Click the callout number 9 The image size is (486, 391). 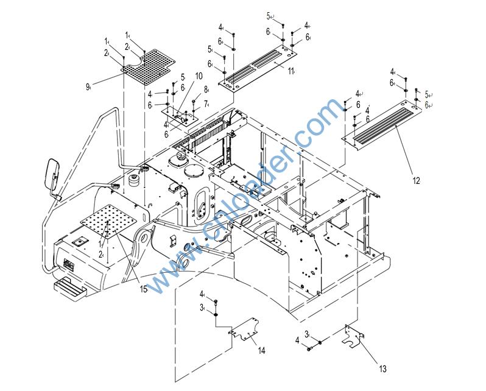pos(88,86)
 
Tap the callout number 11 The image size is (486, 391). pos(291,71)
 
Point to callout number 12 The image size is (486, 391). pos(416,180)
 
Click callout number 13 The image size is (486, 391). pos(382,368)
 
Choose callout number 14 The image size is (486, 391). pos(261,350)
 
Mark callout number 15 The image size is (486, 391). pos(144,290)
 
